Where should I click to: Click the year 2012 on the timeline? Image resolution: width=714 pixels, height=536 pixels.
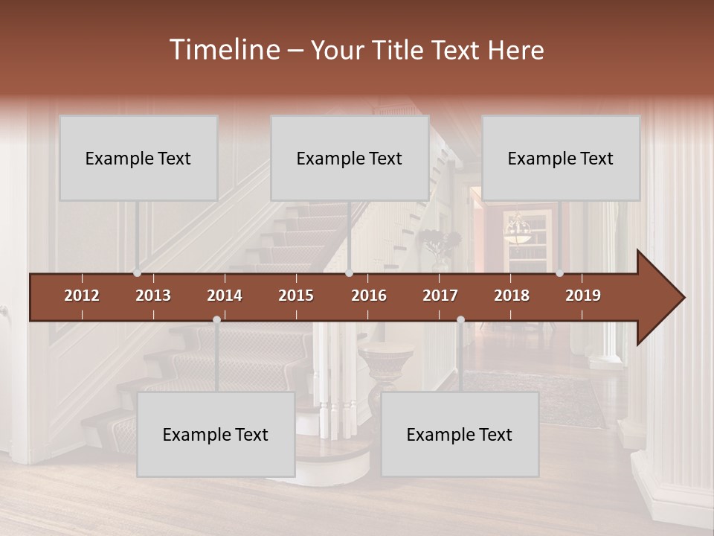tap(82, 296)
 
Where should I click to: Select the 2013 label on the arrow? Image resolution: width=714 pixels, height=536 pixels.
tap(153, 296)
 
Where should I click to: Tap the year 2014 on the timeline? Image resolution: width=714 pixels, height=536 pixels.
tap(225, 296)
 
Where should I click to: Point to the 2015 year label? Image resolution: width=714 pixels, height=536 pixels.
tap(296, 296)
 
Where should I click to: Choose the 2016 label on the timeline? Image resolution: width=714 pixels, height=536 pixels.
tap(369, 296)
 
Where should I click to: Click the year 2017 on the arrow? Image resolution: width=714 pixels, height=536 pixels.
tap(440, 296)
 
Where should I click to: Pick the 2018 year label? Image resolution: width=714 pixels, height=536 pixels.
tap(512, 296)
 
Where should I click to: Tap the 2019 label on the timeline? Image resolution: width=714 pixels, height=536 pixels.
tap(583, 296)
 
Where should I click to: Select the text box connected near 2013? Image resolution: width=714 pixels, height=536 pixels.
tap(138, 158)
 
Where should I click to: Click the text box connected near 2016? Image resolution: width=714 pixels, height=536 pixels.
tap(350, 158)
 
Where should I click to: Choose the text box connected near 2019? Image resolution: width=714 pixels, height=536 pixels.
tap(561, 158)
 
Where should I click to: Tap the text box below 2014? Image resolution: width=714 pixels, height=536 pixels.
tap(216, 434)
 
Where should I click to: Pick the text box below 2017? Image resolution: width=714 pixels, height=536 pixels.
tap(460, 434)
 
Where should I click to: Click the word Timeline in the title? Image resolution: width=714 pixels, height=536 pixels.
tap(223, 50)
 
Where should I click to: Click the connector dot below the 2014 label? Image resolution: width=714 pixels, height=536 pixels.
tap(216, 319)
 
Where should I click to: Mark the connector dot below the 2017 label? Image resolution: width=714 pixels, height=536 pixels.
tap(460, 319)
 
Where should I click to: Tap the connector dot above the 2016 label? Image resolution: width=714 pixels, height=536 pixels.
tap(349, 273)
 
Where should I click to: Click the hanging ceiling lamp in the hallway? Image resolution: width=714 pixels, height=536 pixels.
tap(517, 230)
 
